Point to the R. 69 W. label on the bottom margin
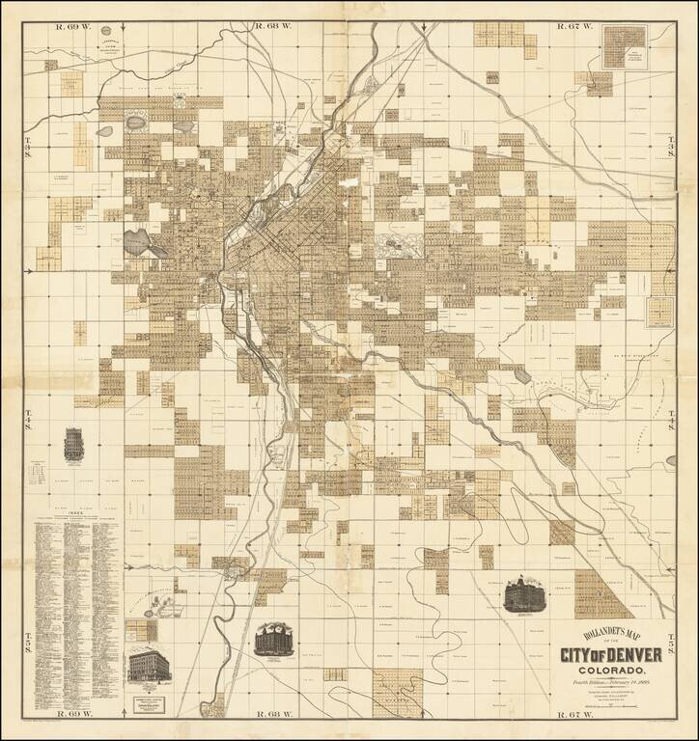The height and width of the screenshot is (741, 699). coord(74,714)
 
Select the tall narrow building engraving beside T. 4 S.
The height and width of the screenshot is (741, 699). coord(73,445)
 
